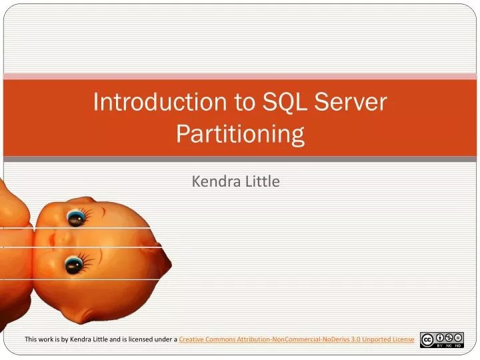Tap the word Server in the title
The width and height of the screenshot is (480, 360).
[351, 102]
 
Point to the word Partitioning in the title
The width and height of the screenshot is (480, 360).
[240, 134]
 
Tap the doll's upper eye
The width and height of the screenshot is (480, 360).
[75, 217]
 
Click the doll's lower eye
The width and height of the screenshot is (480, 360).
[73, 265]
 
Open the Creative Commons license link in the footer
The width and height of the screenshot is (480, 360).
[297, 339]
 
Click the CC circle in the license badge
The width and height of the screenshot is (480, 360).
[427, 340]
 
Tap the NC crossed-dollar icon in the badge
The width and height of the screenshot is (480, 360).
[450, 337]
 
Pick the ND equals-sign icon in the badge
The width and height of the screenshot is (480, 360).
[459, 337]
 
